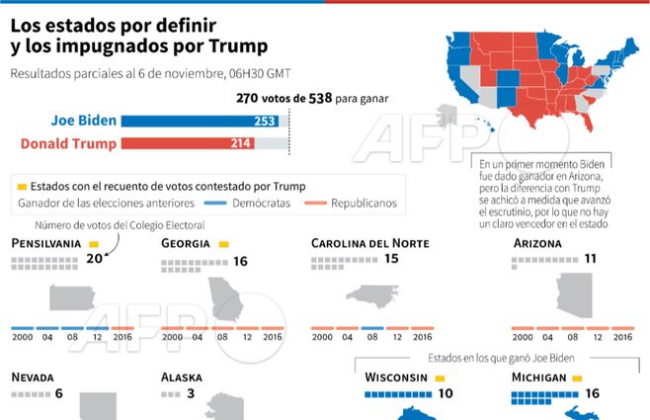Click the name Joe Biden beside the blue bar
(x=84, y=122)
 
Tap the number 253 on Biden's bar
(x=265, y=122)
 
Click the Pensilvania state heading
(x=45, y=243)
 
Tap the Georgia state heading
(x=186, y=243)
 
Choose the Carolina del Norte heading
(x=370, y=243)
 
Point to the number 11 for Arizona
(x=591, y=260)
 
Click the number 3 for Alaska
(x=190, y=394)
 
